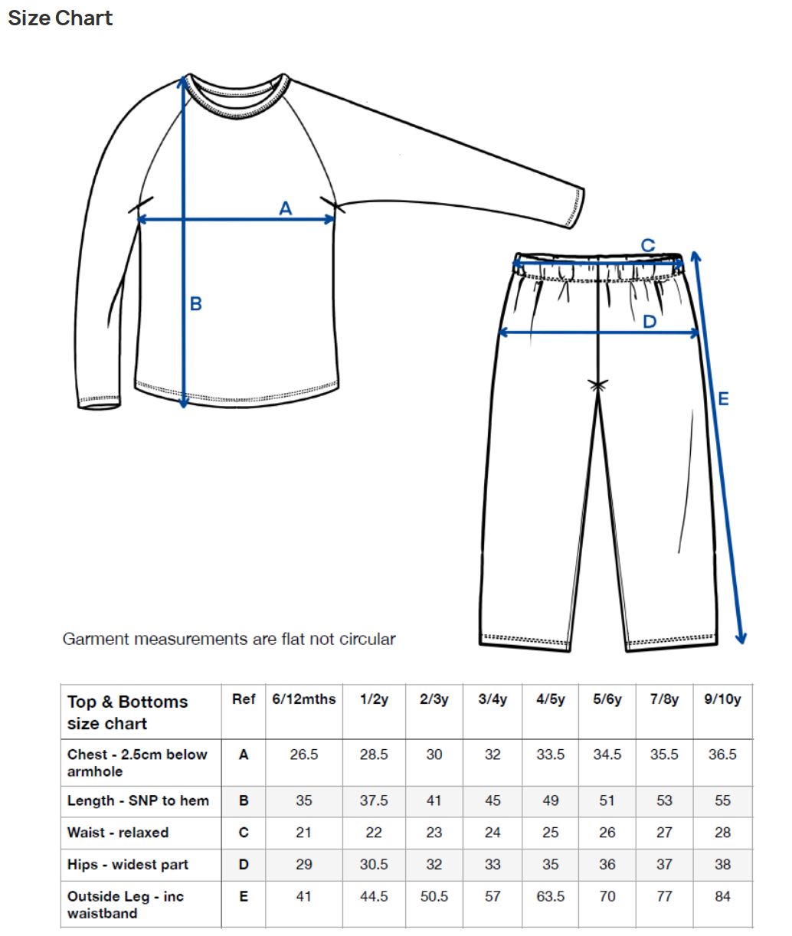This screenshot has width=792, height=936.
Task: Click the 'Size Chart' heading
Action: click(x=61, y=18)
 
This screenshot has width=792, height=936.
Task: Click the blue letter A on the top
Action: click(x=286, y=208)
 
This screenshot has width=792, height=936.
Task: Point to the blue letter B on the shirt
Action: click(x=196, y=304)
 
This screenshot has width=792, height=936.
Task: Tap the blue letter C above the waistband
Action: click(x=648, y=245)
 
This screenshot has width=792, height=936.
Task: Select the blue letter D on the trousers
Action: click(x=650, y=322)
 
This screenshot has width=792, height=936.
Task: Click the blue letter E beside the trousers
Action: click(x=723, y=398)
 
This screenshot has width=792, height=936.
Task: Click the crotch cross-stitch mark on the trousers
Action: click(x=598, y=385)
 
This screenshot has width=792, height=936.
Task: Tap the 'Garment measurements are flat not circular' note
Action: click(x=229, y=639)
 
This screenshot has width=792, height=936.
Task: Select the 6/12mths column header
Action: click(x=304, y=699)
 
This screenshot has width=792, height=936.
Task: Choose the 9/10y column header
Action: click(x=722, y=699)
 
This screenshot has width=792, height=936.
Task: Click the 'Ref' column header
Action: click(x=244, y=699)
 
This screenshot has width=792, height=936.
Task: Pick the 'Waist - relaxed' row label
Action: click(x=118, y=833)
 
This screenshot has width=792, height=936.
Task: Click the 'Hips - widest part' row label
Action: click(x=128, y=865)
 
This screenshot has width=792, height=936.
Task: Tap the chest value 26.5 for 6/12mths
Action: click(x=304, y=754)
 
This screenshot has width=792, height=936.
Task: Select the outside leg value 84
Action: click(x=722, y=896)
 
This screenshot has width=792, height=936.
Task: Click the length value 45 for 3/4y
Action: click(x=493, y=800)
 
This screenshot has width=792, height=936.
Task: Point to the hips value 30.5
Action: click(x=374, y=865)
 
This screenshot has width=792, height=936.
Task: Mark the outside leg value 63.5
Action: click(x=550, y=896)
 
